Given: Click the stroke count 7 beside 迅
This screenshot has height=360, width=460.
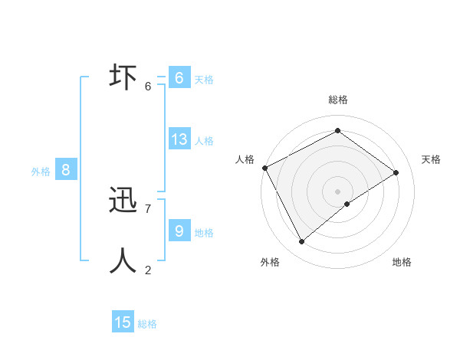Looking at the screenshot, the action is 148,208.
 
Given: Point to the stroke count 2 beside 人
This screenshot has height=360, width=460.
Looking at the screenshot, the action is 148,270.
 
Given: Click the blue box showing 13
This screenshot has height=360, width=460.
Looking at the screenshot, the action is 179,139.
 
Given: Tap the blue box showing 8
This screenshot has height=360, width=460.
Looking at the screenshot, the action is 66,170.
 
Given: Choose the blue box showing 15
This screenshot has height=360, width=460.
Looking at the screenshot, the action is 123,322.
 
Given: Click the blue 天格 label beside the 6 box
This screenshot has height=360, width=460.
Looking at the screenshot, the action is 204,79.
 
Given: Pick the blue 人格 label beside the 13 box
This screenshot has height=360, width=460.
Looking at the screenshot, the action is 204,141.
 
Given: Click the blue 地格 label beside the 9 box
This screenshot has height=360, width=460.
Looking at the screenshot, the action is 204,232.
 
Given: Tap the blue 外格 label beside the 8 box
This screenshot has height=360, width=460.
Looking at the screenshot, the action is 41,172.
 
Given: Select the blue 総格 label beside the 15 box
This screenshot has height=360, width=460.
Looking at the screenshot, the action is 147,324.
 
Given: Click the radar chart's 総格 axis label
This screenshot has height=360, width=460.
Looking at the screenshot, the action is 338,100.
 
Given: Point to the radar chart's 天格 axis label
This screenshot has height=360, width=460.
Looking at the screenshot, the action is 432,159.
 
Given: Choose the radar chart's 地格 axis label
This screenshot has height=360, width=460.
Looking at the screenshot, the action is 402,262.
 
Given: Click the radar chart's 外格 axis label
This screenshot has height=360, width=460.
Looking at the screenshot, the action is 270,262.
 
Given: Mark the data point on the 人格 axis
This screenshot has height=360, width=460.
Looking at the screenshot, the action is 264,168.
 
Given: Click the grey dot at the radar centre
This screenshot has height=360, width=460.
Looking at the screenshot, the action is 337,191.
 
